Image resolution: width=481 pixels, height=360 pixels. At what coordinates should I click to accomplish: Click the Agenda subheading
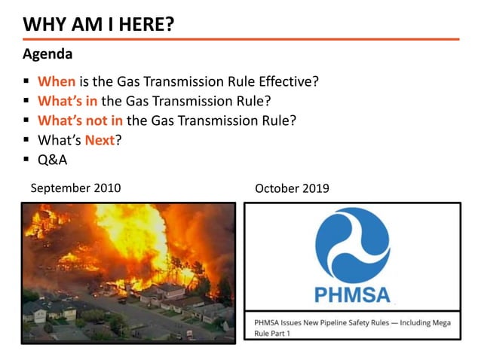pos(48,54)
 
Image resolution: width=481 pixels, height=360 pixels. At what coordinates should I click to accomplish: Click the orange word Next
pos(99,139)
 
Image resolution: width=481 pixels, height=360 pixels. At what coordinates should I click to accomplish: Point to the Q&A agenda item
pos(52,159)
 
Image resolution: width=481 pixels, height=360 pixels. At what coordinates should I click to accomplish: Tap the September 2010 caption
pos(75,188)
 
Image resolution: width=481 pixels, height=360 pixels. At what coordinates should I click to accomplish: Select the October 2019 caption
pos(292,188)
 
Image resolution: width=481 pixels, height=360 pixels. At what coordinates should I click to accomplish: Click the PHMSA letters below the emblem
pos(352,294)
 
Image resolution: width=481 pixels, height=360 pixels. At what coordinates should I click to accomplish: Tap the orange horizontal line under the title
pos(240,39)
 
